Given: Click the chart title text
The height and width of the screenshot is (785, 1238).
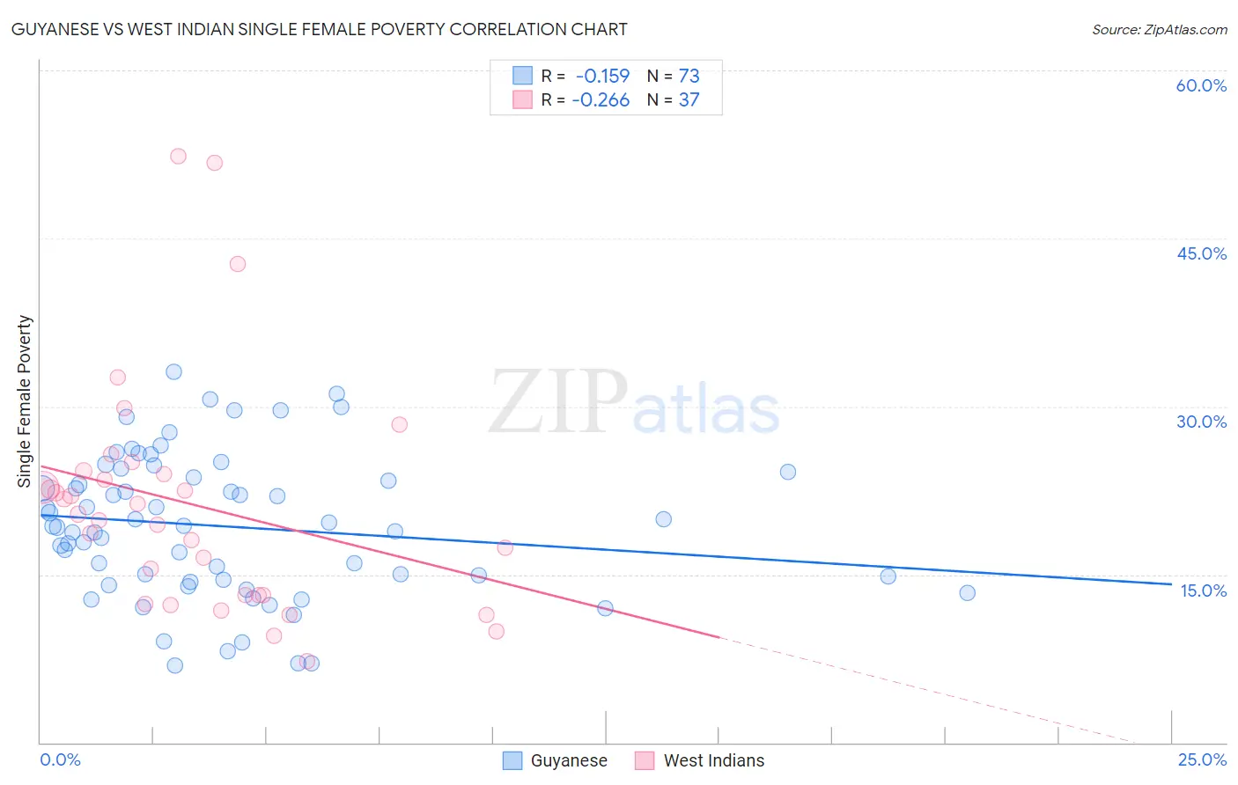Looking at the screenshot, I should pos(319,29).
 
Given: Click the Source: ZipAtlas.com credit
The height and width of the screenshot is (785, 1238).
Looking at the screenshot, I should pos(1159,30).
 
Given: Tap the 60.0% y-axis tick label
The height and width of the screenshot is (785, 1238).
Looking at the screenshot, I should pos(1200,85).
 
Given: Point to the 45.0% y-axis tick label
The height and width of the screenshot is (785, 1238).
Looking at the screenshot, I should pos(1200,253).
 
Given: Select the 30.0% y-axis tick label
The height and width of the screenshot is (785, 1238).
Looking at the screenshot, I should pos(1200,422).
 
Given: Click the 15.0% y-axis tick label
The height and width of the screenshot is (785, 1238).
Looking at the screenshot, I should pos(1203,591).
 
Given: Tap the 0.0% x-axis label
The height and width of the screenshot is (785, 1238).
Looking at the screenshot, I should pos(60,759).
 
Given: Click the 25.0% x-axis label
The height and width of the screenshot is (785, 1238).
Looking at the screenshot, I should pos(1202,759).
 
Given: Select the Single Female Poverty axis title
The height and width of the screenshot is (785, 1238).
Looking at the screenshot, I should pos(25,401).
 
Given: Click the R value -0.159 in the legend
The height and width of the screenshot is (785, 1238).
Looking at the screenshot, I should pos(602,76).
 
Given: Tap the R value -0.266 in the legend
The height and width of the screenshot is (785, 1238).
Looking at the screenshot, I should pos(601,100).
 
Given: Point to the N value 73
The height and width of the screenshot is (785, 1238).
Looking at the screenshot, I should pos(689,76).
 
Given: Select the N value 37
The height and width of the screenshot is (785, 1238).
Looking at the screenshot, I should pos(689,100).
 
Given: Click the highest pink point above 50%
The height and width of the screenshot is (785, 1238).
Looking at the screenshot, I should pos(178,156).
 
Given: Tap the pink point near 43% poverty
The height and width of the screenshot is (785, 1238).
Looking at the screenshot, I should pos(238,264).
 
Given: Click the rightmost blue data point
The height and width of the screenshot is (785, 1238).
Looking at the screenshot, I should pos(967,593).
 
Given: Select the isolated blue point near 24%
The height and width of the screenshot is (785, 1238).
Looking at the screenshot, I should pos(788,472).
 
